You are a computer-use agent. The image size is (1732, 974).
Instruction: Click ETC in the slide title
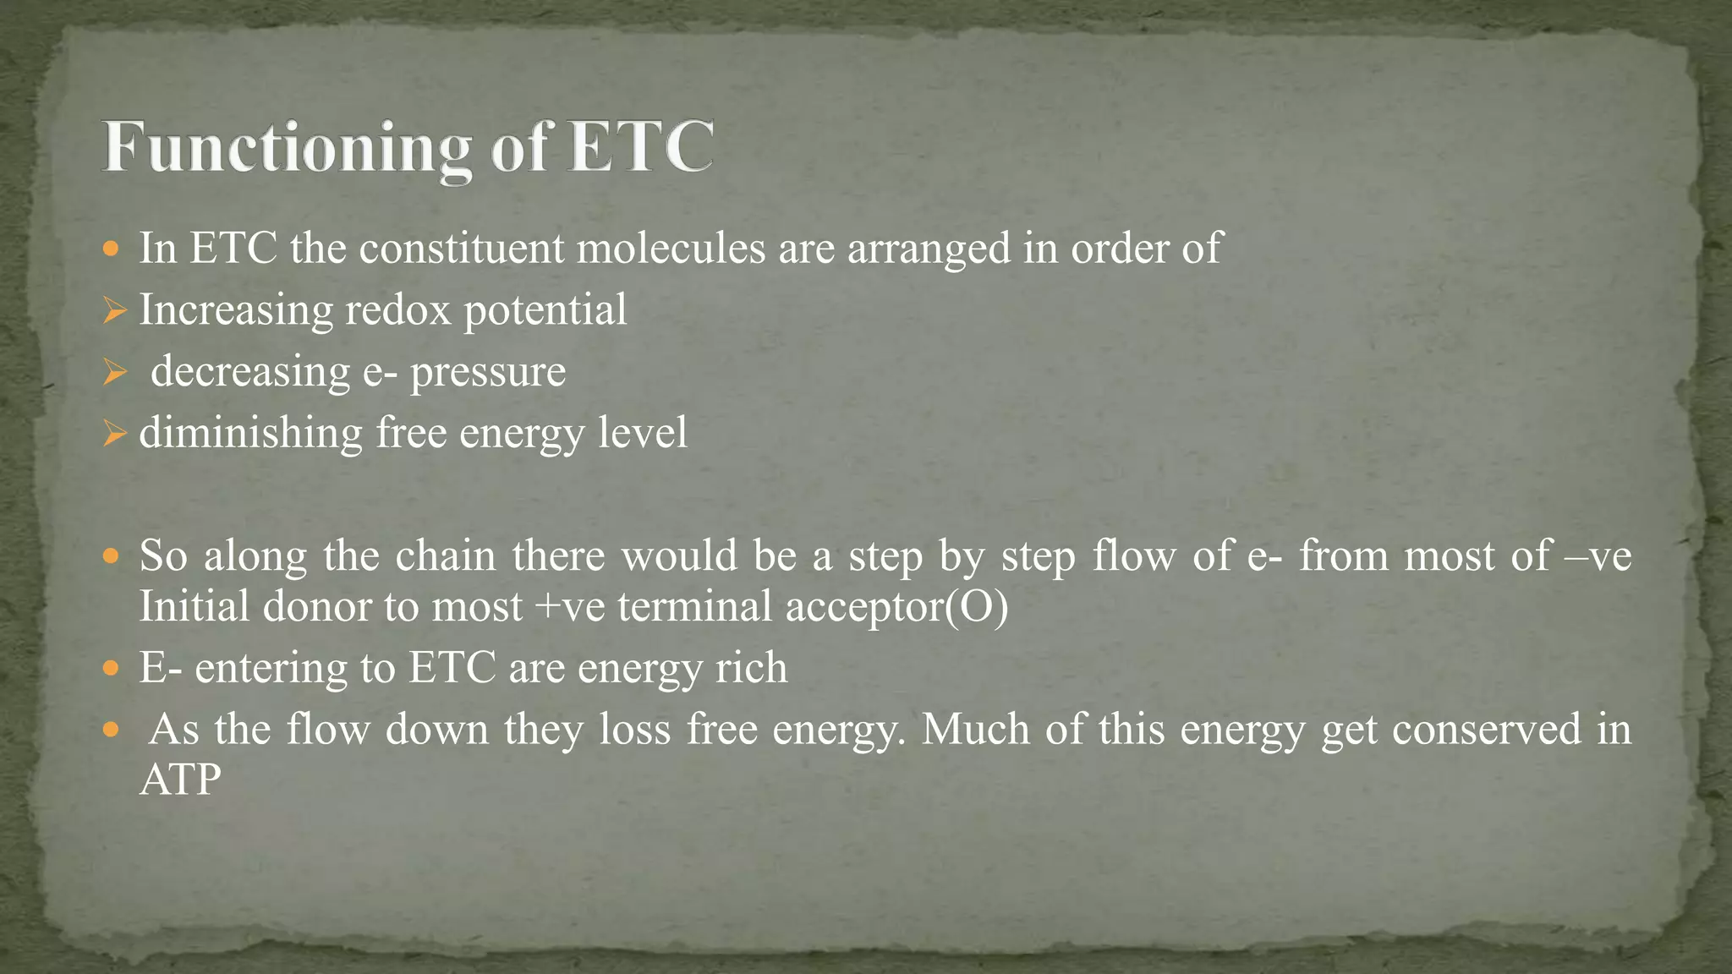tap(640, 147)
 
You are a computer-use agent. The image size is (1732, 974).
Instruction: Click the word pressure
tap(488, 372)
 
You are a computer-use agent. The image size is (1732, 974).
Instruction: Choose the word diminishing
tap(250, 433)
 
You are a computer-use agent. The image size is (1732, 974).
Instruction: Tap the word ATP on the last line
tap(180, 780)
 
